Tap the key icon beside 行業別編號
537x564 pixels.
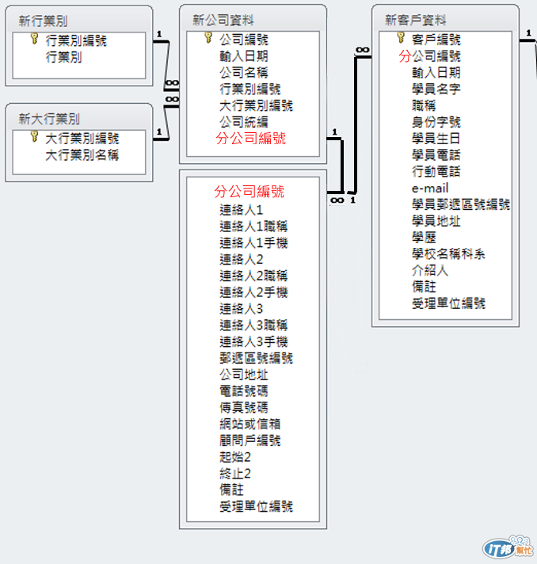[x=34, y=39]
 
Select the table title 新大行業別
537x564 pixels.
[x=49, y=119]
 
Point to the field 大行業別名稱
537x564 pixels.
[x=82, y=154]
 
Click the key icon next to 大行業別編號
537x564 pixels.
[x=34, y=137]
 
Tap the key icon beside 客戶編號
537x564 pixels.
[x=401, y=38]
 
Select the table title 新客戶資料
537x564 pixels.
[x=415, y=20]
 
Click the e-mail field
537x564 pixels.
[x=430, y=188]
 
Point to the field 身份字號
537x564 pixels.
[x=436, y=122]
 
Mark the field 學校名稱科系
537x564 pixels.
[x=448, y=253]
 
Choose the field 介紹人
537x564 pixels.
[x=430, y=270]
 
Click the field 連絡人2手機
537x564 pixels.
[x=253, y=292]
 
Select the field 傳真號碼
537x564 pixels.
[x=243, y=407]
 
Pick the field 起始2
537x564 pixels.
[x=235, y=457]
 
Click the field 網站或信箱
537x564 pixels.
[x=249, y=424]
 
